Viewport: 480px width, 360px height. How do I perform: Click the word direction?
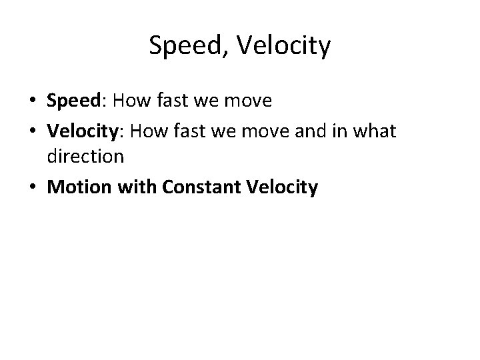coord(85,157)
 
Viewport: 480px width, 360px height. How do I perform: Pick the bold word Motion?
coord(78,188)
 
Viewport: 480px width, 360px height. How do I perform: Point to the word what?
coord(375,131)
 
